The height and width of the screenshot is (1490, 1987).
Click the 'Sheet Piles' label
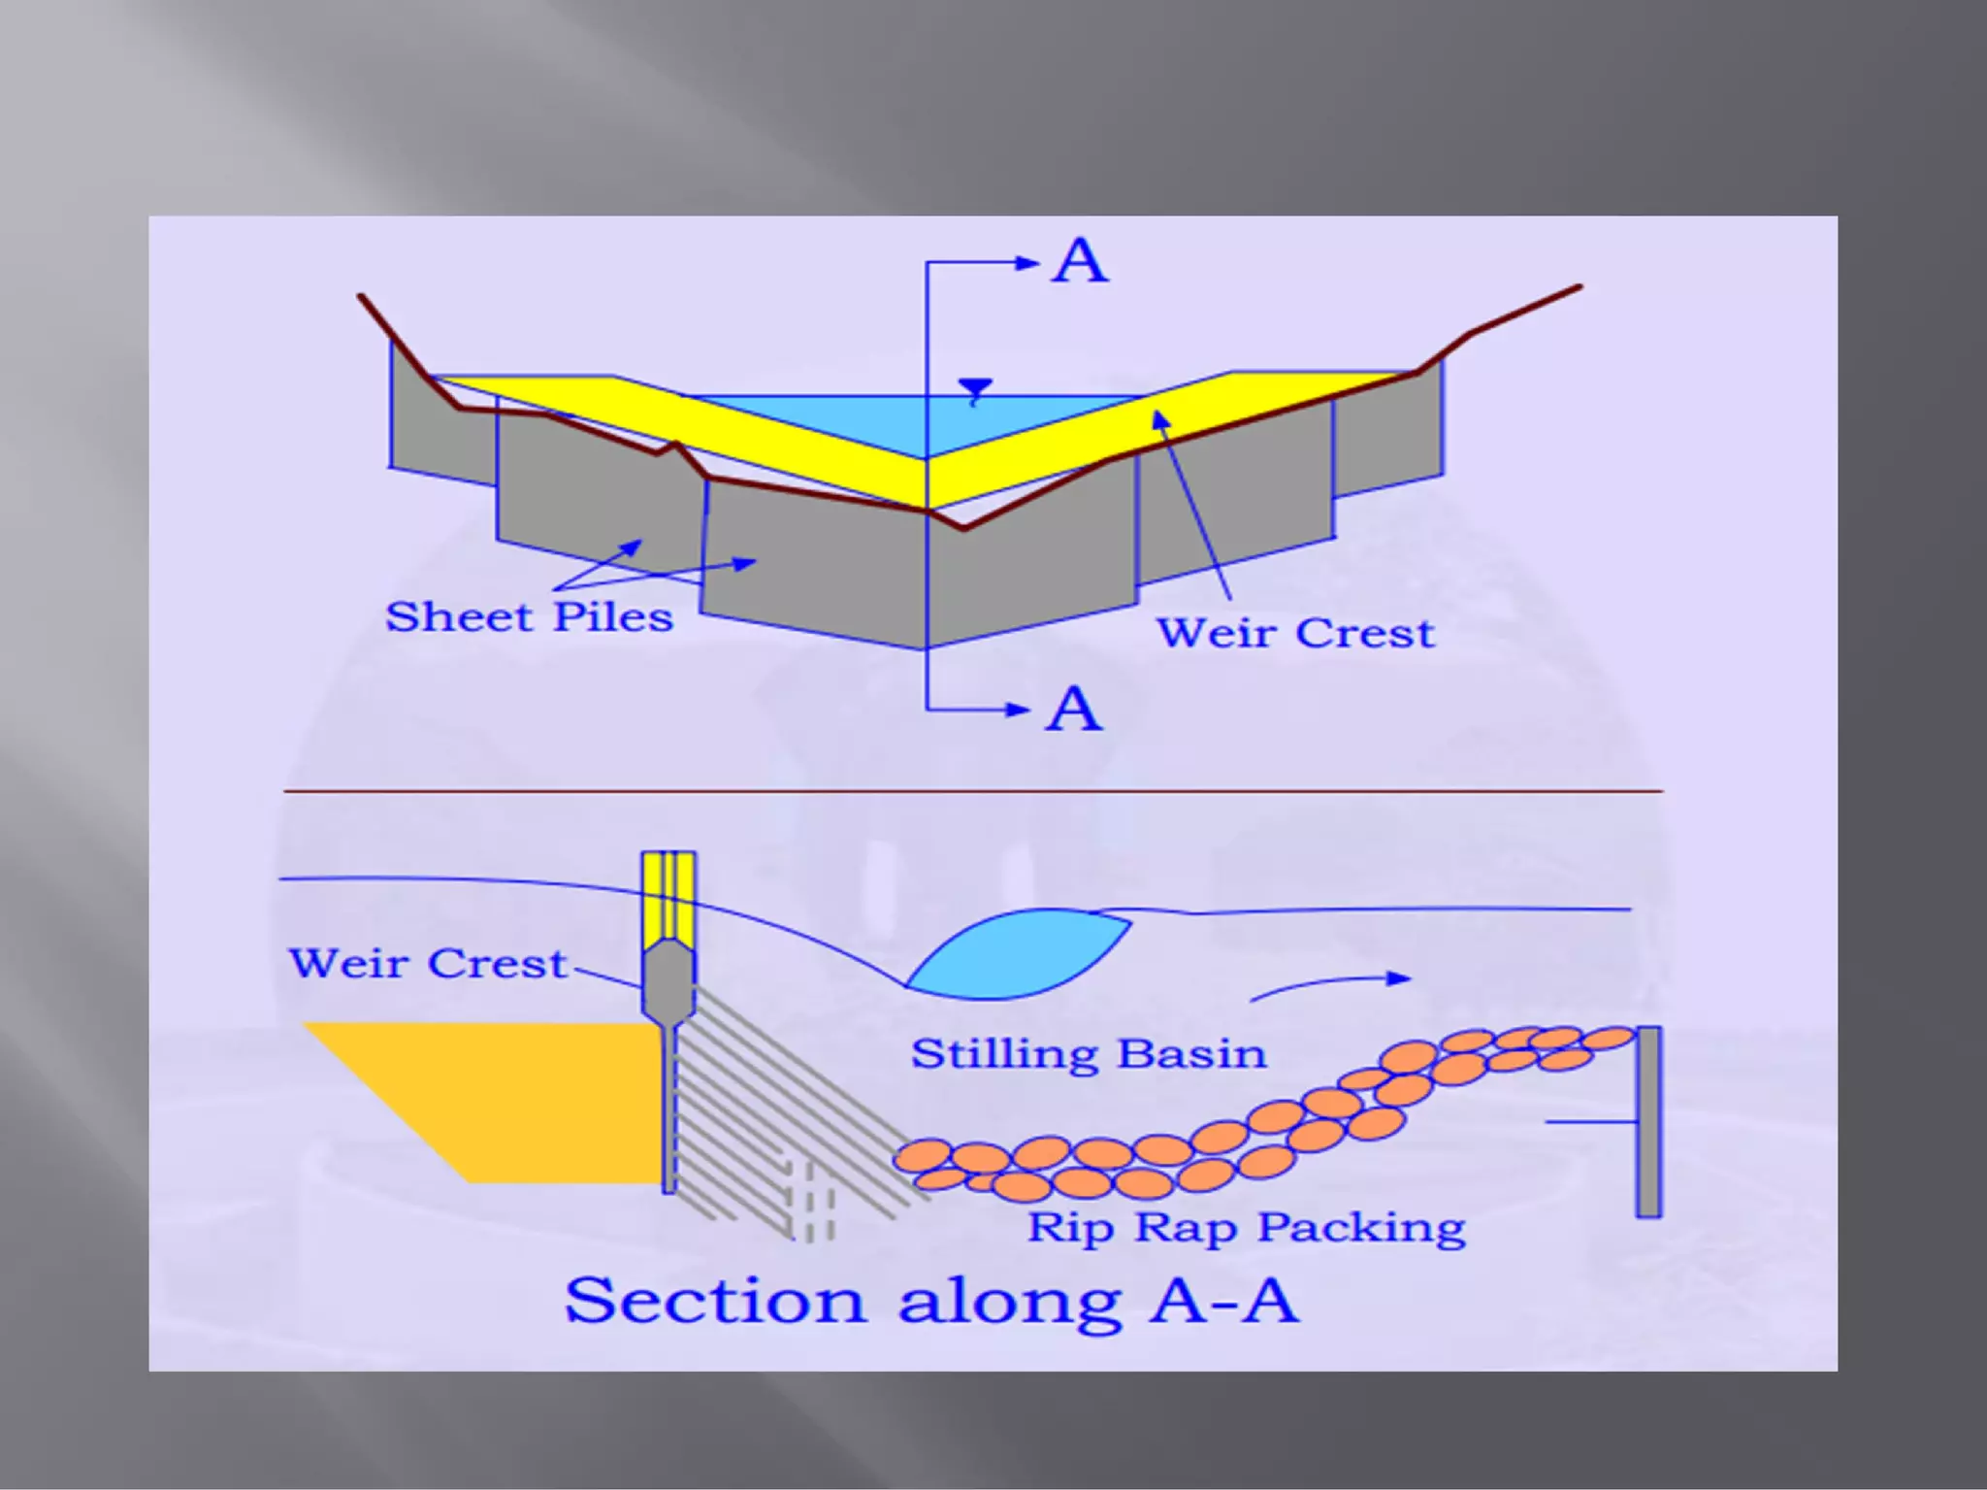click(529, 617)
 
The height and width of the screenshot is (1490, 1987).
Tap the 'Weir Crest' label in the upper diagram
click(1295, 633)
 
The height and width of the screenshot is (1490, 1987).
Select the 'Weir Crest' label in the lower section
click(427, 963)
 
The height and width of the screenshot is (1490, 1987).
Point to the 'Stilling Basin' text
click(1089, 1053)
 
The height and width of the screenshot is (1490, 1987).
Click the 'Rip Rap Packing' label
click(1246, 1227)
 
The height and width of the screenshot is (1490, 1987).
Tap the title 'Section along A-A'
click(931, 1301)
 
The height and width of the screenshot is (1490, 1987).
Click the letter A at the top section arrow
click(1080, 261)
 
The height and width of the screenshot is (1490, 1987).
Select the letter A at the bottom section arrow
click(1074, 709)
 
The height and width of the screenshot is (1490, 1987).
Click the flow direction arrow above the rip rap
click(1329, 984)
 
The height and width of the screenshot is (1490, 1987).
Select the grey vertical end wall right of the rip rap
click(1648, 1121)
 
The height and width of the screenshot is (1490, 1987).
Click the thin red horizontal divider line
click(970, 792)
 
